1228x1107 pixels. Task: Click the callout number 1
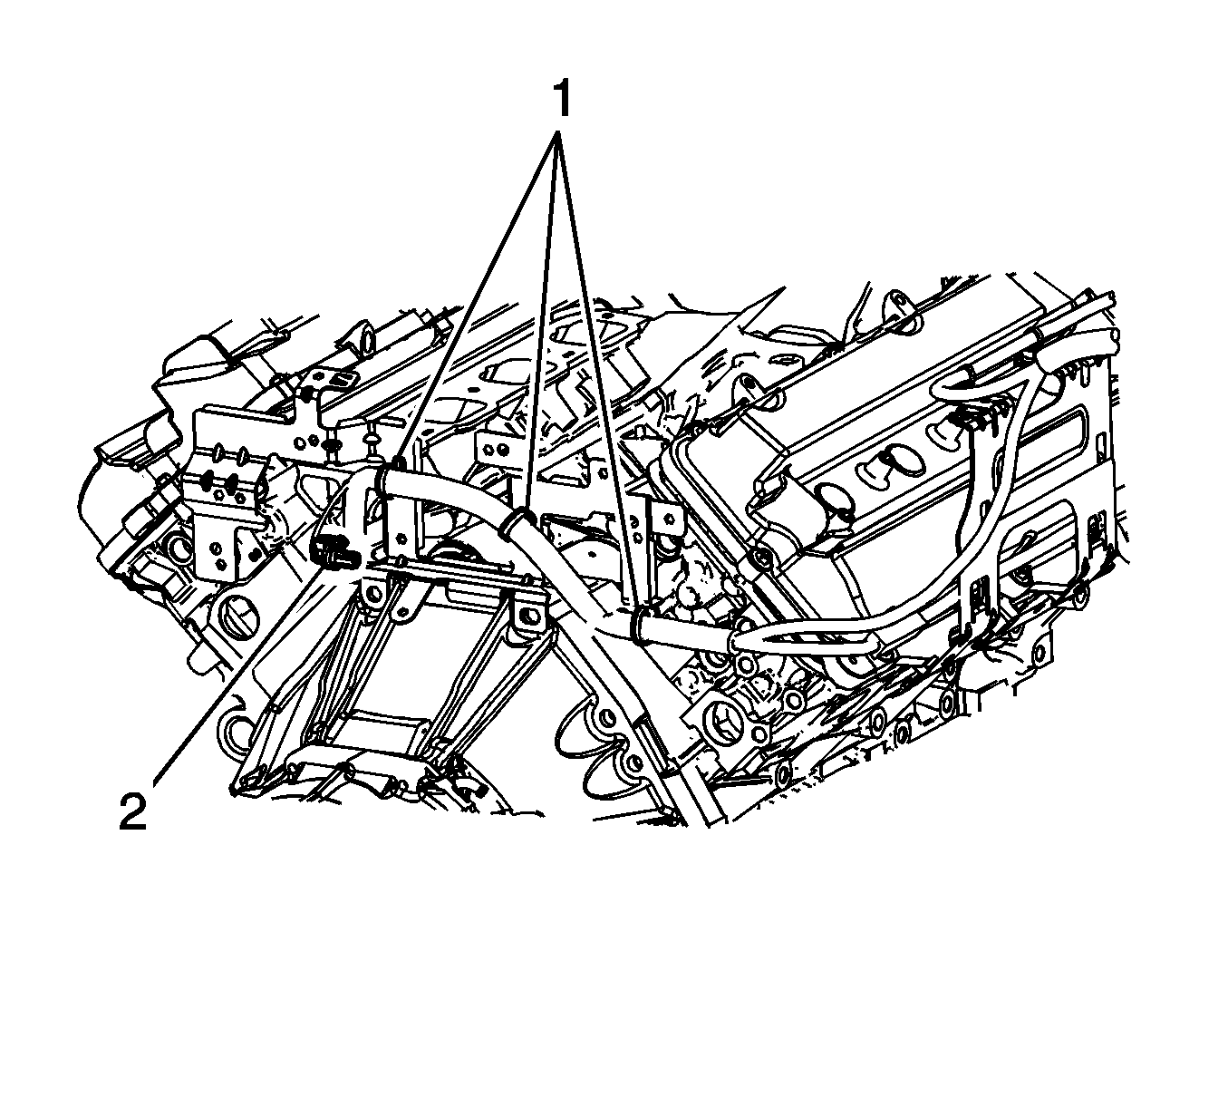point(561,98)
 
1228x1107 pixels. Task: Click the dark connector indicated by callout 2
point(334,549)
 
